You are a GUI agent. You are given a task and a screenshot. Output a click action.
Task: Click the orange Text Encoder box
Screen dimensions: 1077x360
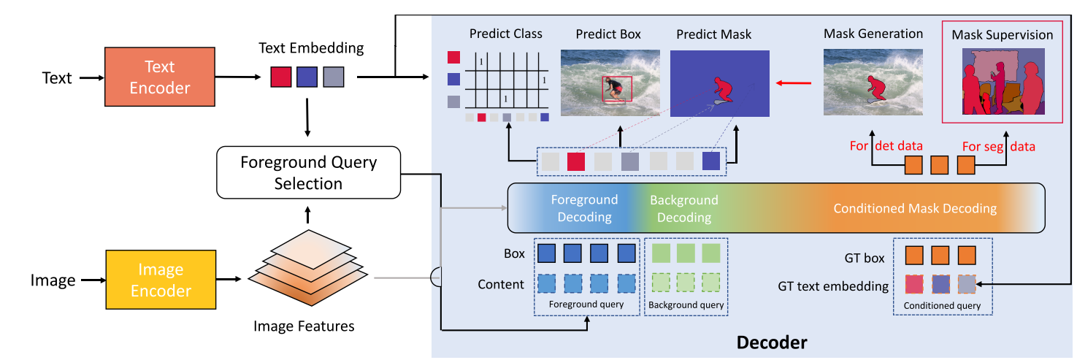pos(160,77)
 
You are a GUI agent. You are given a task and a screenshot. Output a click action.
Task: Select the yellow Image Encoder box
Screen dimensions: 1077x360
pos(161,280)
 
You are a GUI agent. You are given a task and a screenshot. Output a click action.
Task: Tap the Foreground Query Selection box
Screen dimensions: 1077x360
pos(308,172)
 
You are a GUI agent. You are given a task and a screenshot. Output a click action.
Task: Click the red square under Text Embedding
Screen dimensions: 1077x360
pos(281,77)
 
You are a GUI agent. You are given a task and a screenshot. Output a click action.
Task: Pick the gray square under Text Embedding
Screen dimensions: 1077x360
pos(334,77)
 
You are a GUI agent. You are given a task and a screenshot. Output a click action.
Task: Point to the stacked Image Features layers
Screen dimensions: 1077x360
pos(308,268)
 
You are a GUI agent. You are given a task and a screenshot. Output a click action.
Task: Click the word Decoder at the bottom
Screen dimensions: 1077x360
pos(772,342)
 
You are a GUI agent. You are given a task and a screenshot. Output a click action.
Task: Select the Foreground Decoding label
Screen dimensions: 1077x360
pos(584,208)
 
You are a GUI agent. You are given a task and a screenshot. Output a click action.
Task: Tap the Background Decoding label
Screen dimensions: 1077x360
pos(683,209)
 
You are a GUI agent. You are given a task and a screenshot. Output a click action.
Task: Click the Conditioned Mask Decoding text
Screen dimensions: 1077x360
pos(914,208)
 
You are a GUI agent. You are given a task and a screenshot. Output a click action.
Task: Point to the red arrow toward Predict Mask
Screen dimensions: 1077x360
pos(794,83)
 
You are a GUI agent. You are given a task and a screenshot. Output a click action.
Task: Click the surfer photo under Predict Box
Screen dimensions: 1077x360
pos(610,83)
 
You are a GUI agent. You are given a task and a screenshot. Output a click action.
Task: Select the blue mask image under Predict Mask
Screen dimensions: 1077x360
pos(720,83)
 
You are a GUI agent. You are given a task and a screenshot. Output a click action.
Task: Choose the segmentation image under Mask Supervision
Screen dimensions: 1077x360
pos(1003,81)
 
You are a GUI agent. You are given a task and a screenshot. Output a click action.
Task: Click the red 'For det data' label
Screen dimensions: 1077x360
pos(886,145)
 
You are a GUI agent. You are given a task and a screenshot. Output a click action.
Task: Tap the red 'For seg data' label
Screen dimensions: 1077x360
pos(999,146)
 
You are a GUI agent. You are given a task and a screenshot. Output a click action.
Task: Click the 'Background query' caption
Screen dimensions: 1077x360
pos(686,305)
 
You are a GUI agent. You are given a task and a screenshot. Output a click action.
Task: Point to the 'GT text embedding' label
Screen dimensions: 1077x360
pos(833,286)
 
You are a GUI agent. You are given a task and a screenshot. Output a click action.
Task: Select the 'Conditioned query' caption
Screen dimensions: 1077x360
pos(942,305)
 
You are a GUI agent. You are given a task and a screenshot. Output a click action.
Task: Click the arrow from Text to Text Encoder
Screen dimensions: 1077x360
pos(92,77)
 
